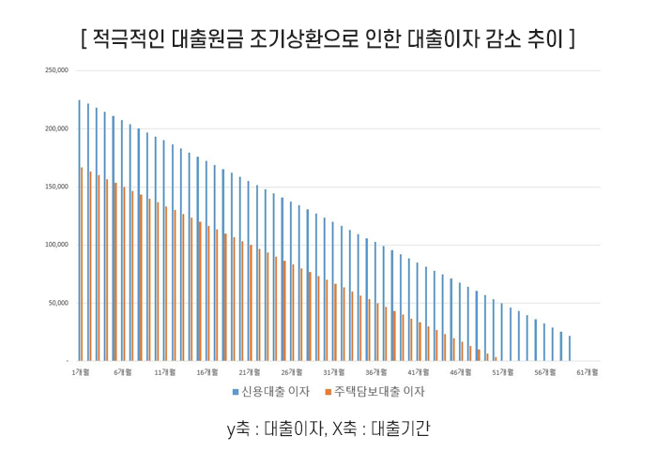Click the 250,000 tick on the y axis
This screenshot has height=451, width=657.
click(56, 70)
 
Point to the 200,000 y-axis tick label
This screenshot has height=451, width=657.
click(56, 128)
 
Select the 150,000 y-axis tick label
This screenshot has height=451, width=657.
click(56, 187)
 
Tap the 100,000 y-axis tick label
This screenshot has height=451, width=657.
click(56, 245)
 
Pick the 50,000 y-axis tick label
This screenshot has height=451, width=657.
click(58, 303)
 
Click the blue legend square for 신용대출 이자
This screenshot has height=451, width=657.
click(236, 392)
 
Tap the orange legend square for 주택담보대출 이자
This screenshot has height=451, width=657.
click(327, 392)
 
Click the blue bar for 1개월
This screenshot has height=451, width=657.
click(79, 231)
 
